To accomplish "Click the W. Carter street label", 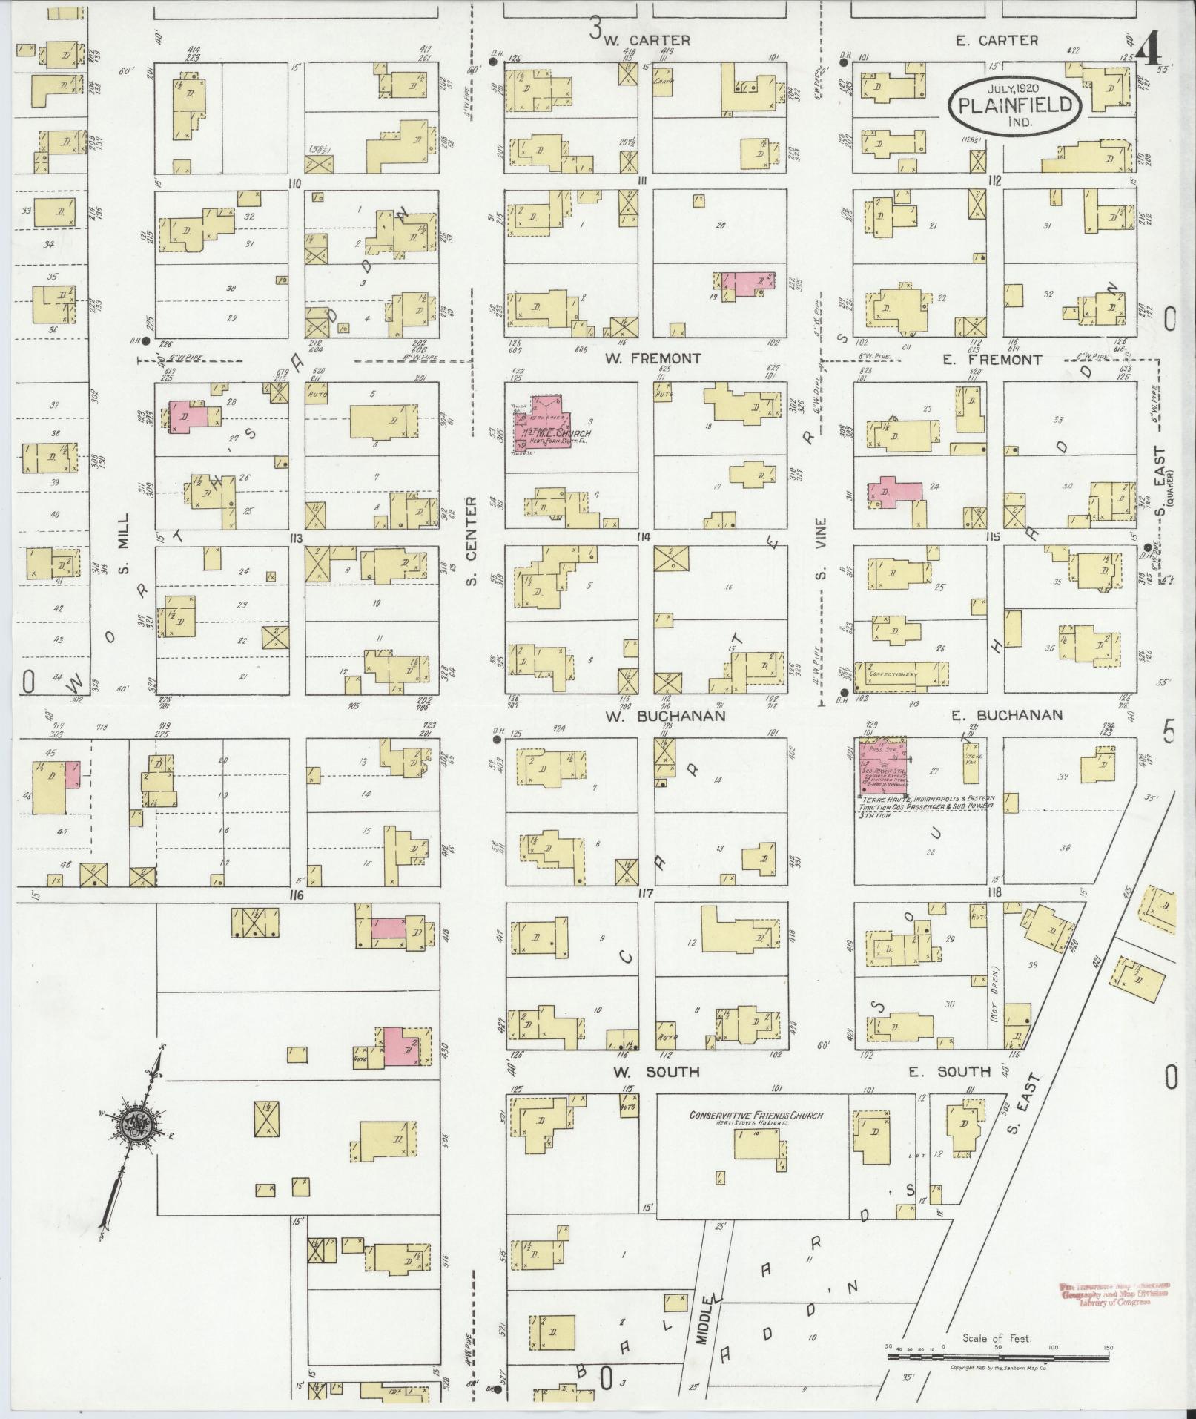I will (x=647, y=41).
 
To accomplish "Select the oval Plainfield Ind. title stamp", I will (x=1015, y=106).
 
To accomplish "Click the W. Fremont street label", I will (x=652, y=359).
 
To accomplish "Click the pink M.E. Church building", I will (x=540, y=425).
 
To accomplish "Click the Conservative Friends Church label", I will (x=756, y=1116).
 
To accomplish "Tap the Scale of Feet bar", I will (x=997, y=1357).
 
